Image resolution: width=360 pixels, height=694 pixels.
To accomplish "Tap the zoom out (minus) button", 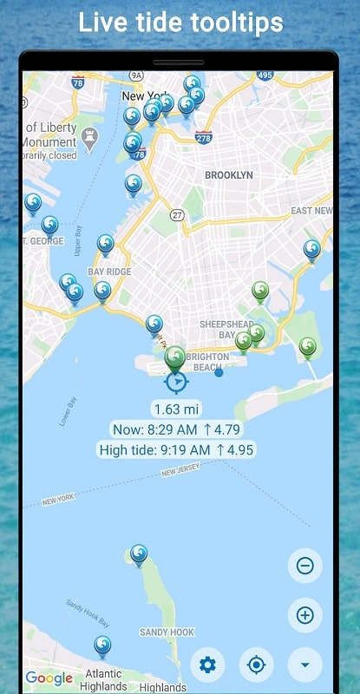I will (305, 566).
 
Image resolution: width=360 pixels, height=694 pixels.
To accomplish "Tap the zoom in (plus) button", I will (305, 615).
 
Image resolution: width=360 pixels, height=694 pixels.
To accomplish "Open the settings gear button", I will (207, 665).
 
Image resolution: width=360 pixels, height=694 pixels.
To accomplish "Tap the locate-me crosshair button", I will (256, 665).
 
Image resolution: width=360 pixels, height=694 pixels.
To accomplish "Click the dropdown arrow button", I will (305, 665).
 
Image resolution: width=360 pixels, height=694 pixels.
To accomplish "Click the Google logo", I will (49, 678).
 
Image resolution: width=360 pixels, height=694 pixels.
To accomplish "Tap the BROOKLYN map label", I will (229, 175).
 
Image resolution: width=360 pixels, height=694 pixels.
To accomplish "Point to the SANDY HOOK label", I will (167, 632).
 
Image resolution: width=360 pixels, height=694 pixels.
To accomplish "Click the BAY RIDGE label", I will (109, 272).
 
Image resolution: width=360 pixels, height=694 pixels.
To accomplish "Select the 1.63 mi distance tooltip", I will (176, 409).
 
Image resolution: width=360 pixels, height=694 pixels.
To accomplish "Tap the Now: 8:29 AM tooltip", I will (176, 429).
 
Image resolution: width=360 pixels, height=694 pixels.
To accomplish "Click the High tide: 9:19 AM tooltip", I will (176, 450).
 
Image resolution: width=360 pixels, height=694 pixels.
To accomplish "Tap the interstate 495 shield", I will (265, 76).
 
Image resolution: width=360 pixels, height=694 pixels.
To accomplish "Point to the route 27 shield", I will (178, 215).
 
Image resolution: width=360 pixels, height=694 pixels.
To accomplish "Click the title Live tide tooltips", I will (180, 23).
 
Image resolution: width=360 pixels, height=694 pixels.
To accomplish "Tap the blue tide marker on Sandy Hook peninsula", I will (139, 553).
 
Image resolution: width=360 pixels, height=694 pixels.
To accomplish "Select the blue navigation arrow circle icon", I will (176, 381).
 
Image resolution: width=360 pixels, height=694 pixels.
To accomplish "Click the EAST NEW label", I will (311, 211).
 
